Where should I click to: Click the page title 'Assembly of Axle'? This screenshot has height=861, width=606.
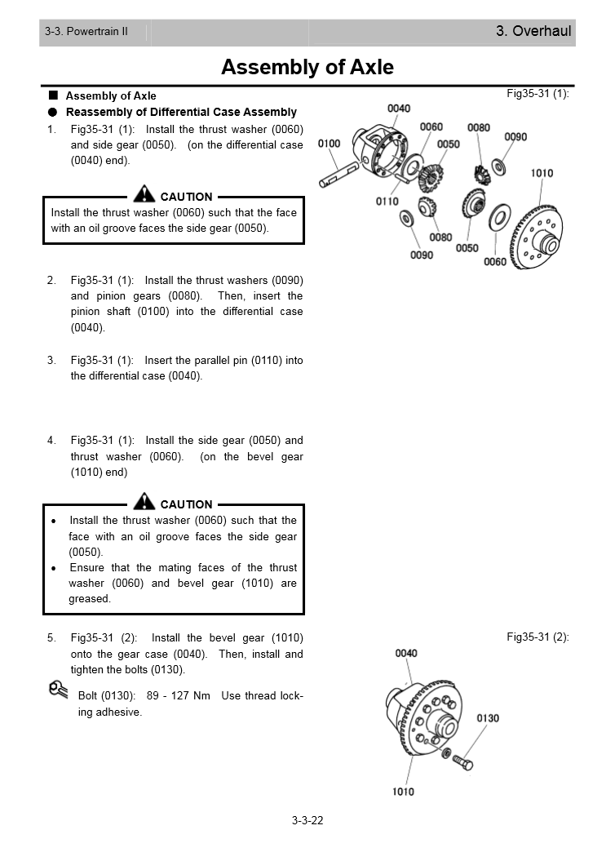click(x=307, y=67)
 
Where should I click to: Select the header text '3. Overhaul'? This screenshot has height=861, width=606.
click(x=533, y=32)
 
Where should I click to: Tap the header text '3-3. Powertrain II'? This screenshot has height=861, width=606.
click(x=86, y=32)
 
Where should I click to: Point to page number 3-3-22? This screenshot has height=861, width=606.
click(x=307, y=820)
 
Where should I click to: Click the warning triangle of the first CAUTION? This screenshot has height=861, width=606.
click(x=144, y=194)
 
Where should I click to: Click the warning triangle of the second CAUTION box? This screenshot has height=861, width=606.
click(x=144, y=502)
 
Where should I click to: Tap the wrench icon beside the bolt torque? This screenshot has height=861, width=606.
click(x=58, y=690)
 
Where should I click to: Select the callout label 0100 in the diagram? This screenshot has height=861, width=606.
click(x=329, y=144)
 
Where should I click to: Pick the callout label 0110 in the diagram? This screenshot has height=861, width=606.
click(x=387, y=201)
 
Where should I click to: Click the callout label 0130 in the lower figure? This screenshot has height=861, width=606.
click(x=488, y=718)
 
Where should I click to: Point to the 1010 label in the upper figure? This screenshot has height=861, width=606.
click(x=542, y=173)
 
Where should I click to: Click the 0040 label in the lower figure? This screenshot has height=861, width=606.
click(x=406, y=653)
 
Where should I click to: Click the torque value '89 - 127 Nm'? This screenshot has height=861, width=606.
click(x=179, y=695)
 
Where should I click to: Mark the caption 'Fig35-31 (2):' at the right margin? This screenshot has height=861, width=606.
click(x=537, y=637)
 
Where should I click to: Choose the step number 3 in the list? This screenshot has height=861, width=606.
click(x=51, y=360)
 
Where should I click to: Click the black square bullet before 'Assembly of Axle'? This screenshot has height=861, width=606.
click(x=53, y=95)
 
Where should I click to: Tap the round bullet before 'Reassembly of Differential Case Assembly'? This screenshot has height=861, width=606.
click(x=53, y=112)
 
